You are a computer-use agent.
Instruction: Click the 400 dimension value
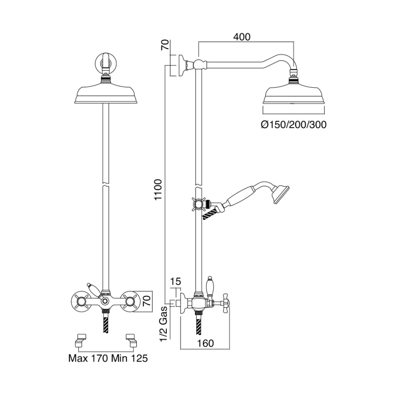click(242, 37)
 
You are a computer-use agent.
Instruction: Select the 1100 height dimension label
click(158, 190)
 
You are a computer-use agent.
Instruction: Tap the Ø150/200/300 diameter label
click(294, 124)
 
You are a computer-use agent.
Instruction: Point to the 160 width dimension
click(205, 343)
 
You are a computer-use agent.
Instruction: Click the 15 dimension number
click(176, 281)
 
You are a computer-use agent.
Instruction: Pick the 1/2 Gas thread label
click(164, 324)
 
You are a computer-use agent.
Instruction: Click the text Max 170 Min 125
click(108, 358)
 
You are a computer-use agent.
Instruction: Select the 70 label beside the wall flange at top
click(165, 45)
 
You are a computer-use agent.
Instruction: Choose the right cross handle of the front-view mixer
click(130, 301)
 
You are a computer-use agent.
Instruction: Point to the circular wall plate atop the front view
click(106, 62)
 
